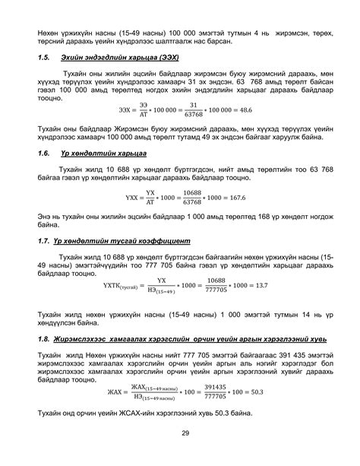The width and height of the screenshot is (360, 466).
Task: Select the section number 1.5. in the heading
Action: pos(46,57)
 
